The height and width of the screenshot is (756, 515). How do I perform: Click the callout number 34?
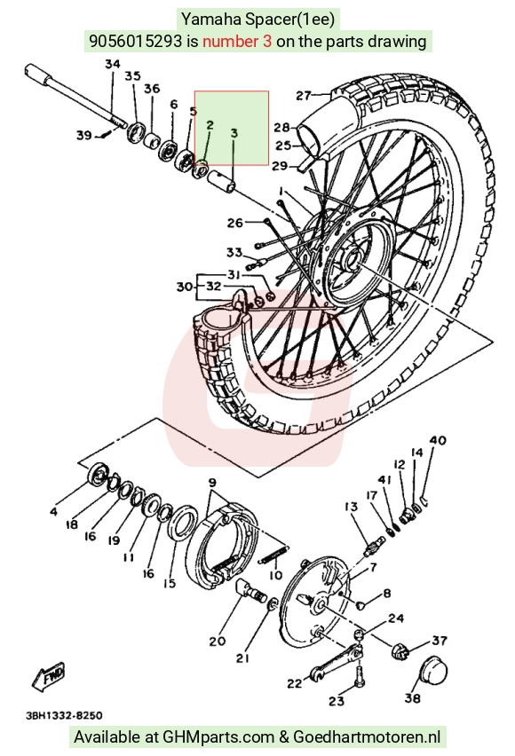click(x=113, y=64)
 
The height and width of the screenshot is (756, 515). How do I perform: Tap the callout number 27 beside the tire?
click(x=303, y=96)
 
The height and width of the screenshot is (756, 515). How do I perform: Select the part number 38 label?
click(x=412, y=697)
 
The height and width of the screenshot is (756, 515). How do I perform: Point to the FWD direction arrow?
click(x=48, y=676)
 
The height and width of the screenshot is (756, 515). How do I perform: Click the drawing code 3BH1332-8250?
click(x=64, y=715)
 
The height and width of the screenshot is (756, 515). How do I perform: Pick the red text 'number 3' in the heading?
click(x=237, y=41)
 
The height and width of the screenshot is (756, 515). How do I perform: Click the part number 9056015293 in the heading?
click(x=136, y=41)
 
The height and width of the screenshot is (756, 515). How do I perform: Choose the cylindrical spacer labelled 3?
click(x=222, y=180)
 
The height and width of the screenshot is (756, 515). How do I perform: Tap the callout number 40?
click(x=437, y=440)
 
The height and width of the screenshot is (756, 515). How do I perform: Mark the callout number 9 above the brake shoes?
click(x=212, y=482)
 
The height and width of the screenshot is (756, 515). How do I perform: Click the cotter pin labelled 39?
click(x=107, y=136)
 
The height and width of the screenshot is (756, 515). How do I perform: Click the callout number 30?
click(x=185, y=287)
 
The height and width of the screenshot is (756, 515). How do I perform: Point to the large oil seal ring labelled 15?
click(x=182, y=523)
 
